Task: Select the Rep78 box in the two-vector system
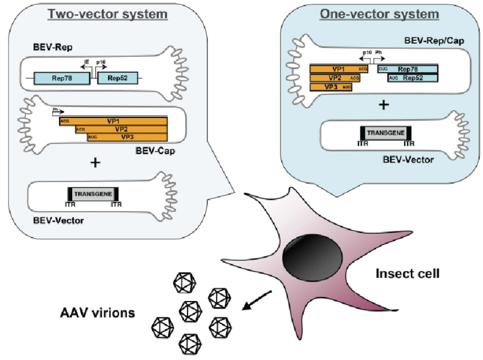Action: click(x=61, y=79)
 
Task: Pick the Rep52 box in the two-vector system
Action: click(x=117, y=79)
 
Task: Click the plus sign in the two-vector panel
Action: click(x=95, y=163)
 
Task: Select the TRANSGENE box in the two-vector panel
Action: click(x=93, y=193)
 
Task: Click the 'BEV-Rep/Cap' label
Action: click(x=430, y=41)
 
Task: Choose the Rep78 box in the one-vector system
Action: click(x=408, y=69)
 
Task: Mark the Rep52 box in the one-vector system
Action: click(x=413, y=78)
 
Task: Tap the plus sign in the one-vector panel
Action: click(x=385, y=105)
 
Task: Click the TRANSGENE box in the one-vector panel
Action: click(x=385, y=133)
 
